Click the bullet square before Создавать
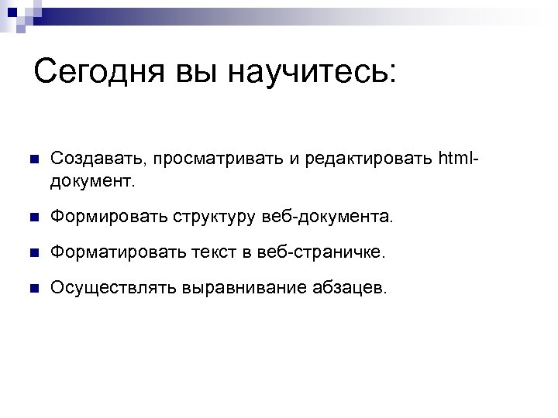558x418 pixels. click(x=31, y=159)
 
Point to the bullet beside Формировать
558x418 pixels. click(x=31, y=218)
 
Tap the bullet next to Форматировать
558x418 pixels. click(x=31, y=254)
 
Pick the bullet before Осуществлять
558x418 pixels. click(x=31, y=289)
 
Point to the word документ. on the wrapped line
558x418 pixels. click(x=93, y=182)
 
